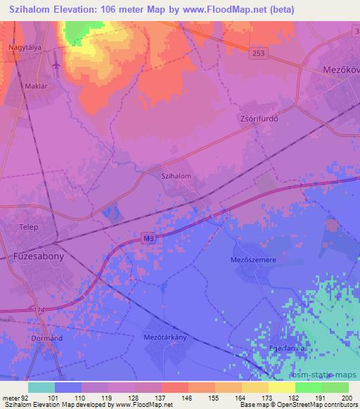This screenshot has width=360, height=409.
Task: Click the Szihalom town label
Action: pos(176,177)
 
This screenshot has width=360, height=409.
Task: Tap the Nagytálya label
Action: pos(24,48)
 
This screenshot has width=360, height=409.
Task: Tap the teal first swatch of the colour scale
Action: pos(41,387)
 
